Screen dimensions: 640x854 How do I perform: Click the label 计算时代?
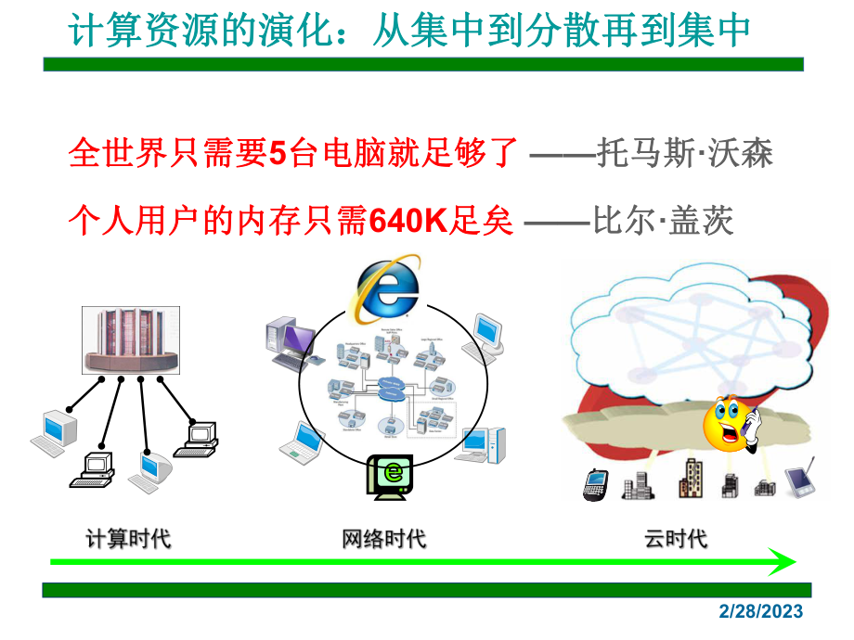(128, 537)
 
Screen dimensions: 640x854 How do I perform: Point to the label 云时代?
(676, 537)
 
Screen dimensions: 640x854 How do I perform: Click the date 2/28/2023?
(761, 612)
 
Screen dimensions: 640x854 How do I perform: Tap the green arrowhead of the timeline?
(782, 561)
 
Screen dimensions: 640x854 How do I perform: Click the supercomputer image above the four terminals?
(130, 339)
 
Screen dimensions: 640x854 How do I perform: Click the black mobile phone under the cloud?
(594, 484)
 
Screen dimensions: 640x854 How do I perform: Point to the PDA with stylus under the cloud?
(800, 478)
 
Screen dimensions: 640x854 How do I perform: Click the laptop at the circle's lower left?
(303, 442)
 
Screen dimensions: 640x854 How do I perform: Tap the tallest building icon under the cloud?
(691, 477)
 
